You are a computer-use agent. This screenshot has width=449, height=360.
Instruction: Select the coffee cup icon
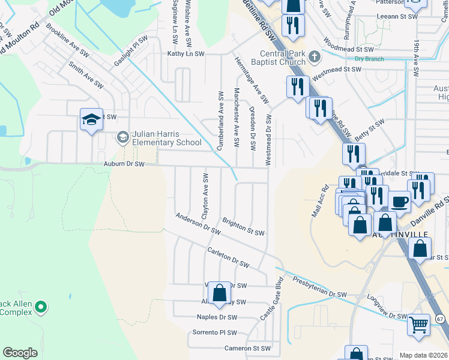point(399,200)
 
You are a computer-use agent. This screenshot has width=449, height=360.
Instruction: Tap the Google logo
point(20,353)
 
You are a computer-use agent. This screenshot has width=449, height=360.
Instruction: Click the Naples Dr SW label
point(217,317)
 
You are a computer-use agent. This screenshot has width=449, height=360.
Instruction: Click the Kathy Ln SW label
point(186,54)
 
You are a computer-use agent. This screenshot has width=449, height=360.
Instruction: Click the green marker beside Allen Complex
point(40,308)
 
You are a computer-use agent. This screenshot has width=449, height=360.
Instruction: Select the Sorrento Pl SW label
point(214,332)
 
